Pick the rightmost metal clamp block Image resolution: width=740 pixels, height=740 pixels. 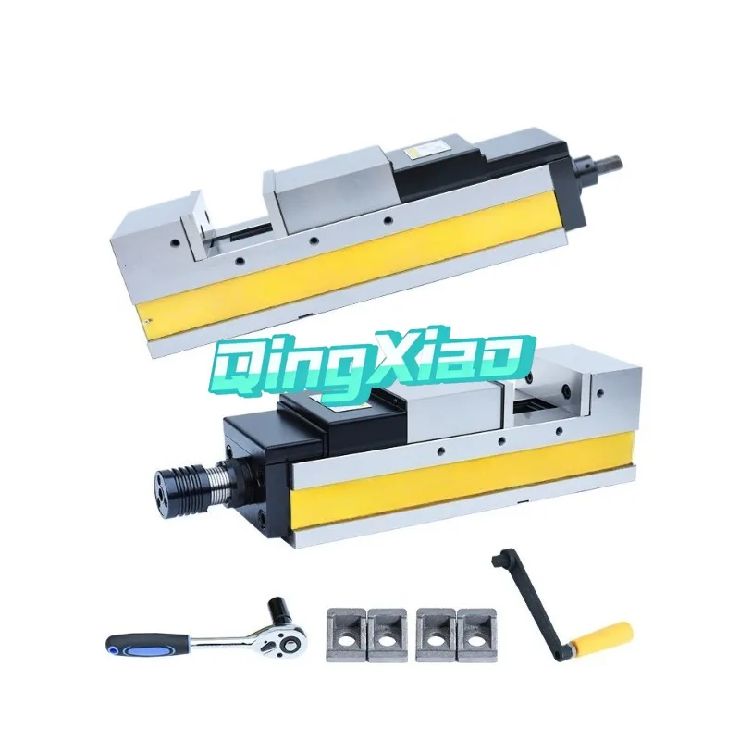click(x=478, y=634)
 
